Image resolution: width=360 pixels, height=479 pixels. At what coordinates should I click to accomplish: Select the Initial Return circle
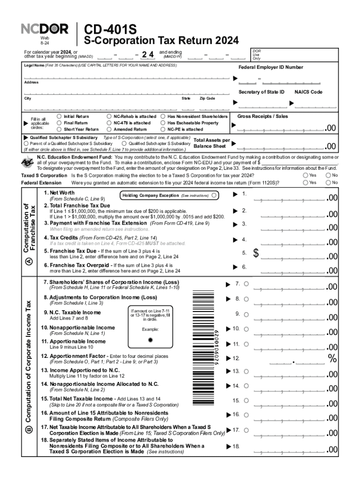click(x=59, y=116)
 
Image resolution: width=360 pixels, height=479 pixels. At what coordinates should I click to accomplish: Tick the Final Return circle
click(x=59, y=123)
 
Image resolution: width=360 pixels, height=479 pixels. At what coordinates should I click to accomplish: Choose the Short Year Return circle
click(x=59, y=129)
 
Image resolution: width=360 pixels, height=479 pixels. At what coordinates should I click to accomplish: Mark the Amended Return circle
click(x=109, y=129)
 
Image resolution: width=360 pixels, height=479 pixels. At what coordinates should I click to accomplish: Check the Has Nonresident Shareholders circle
click(x=163, y=116)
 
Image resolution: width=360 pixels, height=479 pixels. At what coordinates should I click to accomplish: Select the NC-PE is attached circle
click(x=163, y=129)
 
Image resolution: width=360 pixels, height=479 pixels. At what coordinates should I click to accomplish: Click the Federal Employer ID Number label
click(x=271, y=67)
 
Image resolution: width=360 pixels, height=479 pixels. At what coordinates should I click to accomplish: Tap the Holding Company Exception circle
click(x=214, y=195)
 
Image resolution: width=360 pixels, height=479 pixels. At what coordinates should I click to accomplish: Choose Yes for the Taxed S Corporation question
click(x=305, y=175)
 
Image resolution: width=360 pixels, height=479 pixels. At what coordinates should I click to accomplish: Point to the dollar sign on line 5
click(x=256, y=254)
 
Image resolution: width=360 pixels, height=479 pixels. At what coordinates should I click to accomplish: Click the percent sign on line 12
click(x=332, y=359)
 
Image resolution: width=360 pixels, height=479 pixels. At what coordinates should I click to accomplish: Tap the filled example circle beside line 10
click(x=150, y=340)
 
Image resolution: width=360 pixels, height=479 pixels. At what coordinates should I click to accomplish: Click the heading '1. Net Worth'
click(x=59, y=193)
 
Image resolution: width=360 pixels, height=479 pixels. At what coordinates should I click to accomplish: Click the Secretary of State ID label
click(x=261, y=92)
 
